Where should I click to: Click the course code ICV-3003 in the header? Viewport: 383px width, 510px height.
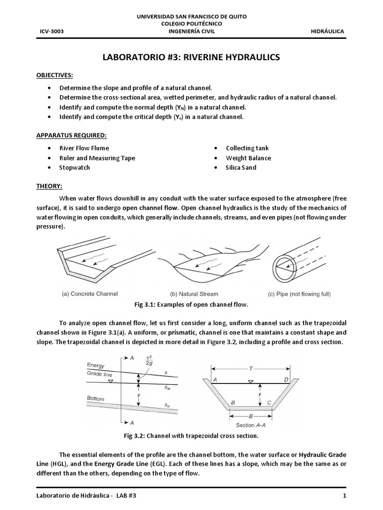51,31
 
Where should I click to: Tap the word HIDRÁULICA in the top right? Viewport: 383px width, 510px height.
327,31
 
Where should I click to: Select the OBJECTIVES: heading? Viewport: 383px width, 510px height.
55,75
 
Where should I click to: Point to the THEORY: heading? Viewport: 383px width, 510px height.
49,186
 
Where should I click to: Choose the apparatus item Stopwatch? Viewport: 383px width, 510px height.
74,167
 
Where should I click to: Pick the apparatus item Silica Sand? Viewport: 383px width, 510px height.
241,167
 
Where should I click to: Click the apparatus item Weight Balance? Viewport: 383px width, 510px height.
248,158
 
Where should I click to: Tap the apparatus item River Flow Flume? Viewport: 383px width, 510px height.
84,148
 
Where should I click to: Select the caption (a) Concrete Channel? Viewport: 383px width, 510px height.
90,294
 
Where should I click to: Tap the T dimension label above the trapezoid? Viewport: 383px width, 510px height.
251,369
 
